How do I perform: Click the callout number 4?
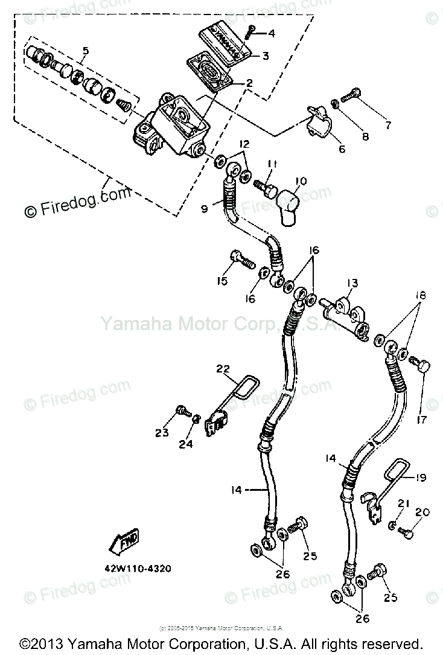[272, 34]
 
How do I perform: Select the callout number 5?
[85, 51]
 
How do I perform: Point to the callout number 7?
[387, 126]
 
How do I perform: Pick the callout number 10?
[301, 180]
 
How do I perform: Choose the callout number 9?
[204, 209]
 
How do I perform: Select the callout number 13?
[352, 283]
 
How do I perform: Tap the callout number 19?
[421, 478]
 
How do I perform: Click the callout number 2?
[249, 83]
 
